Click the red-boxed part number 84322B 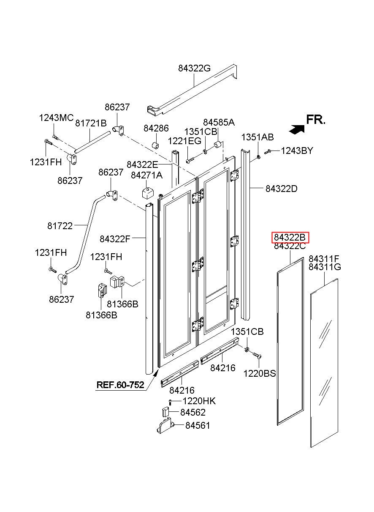290,238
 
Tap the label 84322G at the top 194,68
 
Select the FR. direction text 316,119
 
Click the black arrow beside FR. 297,129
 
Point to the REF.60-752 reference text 120,385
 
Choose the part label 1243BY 297,151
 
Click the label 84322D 282,189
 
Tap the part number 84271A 146,175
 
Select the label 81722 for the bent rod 60,226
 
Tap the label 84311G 325,267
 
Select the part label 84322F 115,239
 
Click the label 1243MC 57,118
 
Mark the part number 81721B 91,123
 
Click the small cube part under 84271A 148,193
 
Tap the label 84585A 219,122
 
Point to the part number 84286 156,128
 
